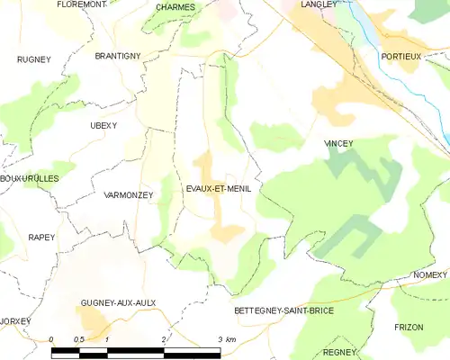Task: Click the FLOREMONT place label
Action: (81, 4)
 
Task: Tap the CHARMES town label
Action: (175, 7)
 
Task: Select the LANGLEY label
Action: (319, 4)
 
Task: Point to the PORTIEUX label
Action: (401, 56)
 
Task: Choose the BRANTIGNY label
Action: (118, 56)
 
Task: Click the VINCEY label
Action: (338, 143)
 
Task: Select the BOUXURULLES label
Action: (30, 178)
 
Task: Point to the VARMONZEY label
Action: (129, 195)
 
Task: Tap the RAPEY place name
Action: (41, 238)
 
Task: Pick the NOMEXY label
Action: (430, 274)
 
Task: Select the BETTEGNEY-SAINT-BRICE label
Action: (283, 310)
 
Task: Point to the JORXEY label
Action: (15, 321)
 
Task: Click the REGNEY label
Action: (340, 352)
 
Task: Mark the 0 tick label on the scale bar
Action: (52, 339)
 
